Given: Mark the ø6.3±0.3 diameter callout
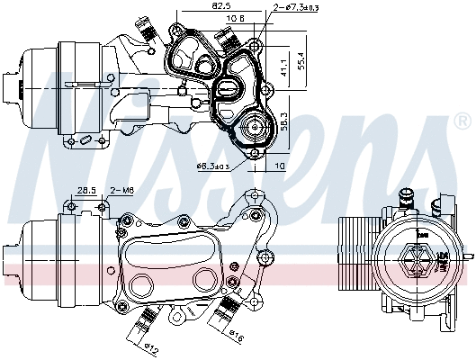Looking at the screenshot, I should coord(212,166).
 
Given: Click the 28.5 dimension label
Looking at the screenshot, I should coord(85,190).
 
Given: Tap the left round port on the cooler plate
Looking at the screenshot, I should coord(141,285).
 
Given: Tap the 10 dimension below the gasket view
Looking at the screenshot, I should coord(281,166).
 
